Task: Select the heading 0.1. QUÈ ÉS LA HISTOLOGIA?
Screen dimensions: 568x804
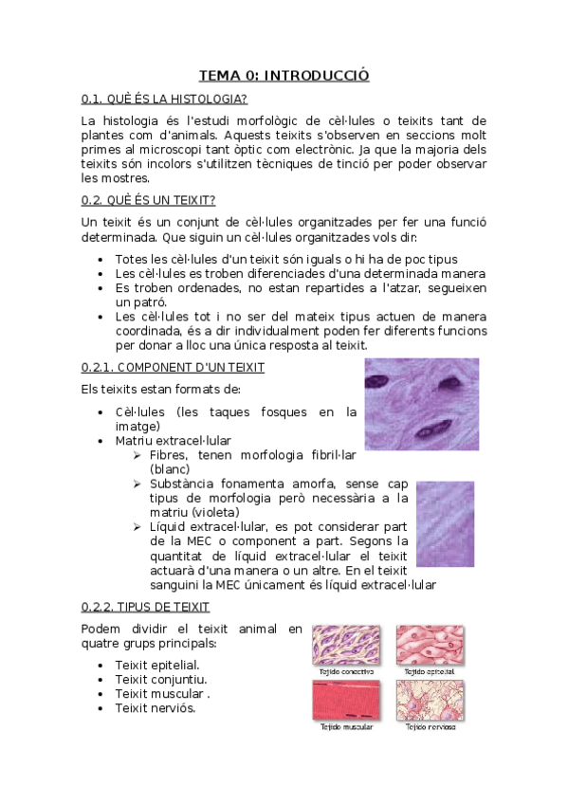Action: coord(165,99)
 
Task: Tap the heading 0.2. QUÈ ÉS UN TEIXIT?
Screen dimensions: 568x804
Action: coord(149,200)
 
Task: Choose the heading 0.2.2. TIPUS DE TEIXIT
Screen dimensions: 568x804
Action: coord(146,607)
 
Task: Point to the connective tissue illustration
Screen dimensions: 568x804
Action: coord(346,644)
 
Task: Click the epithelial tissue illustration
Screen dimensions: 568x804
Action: coord(431,644)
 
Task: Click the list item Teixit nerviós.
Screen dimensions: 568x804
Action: coord(155,708)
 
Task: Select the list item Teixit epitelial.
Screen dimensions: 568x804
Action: coord(156,665)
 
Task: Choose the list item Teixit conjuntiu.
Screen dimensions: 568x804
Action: coord(160,679)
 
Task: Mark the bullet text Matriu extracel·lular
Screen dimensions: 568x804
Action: coord(173,441)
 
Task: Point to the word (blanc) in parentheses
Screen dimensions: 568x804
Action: coord(170,468)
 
